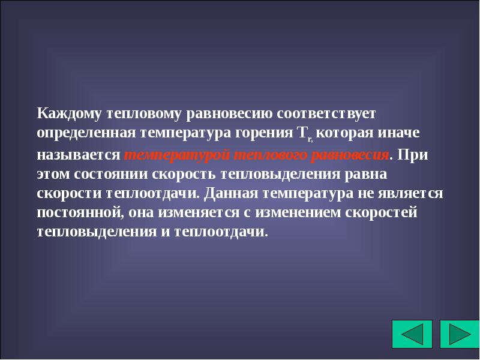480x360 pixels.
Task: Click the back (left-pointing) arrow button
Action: [x=412, y=334]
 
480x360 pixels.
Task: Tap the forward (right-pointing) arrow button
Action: [x=460, y=334]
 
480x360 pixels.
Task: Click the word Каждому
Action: [x=69, y=113]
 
